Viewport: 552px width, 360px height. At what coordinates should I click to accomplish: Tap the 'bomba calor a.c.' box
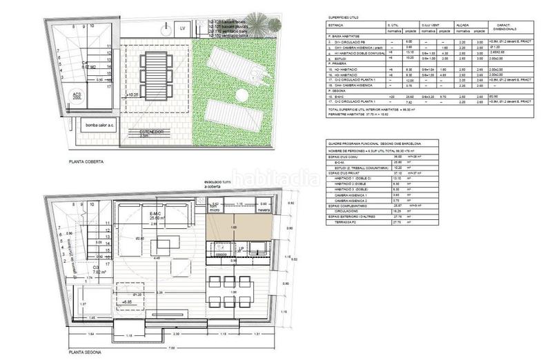click(99, 125)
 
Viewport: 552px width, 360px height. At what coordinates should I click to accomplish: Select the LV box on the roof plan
click(182, 29)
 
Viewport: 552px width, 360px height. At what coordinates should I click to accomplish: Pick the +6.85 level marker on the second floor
click(127, 301)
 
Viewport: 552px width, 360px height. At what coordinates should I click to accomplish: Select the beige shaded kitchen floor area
click(235, 227)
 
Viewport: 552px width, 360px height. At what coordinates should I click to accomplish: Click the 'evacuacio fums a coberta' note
click(221, 187)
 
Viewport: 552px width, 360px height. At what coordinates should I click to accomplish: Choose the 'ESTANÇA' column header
click(339, 30)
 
